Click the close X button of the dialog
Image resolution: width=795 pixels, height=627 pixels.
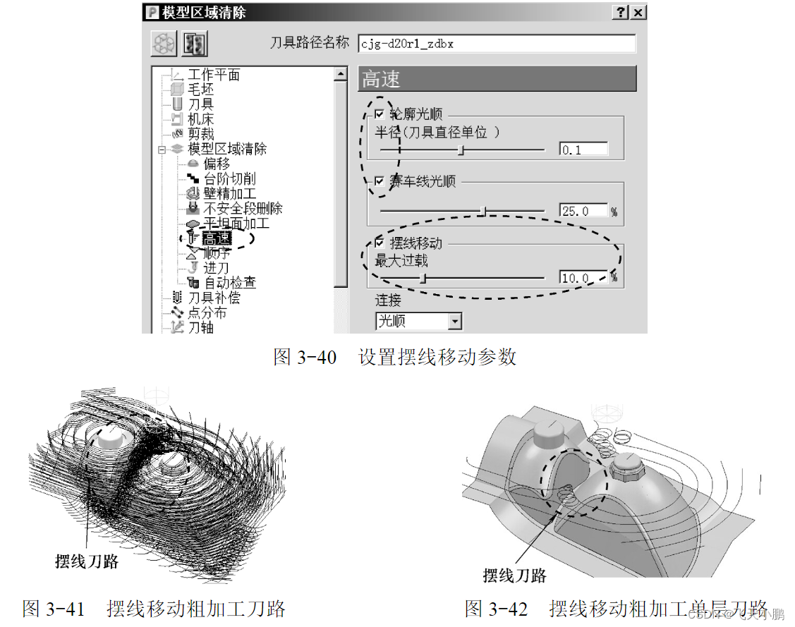pyautogui.click(x=638, y=13)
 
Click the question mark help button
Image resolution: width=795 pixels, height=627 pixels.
pyautogui.click(x=621, y=13)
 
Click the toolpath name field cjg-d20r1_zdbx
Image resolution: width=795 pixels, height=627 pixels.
pyautogui.click(x=496, y=43)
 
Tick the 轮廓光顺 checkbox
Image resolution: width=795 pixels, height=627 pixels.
pyautogui.click(x=380, y=114)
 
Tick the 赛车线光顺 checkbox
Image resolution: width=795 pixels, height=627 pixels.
pyautogui.click(x=380, y=181)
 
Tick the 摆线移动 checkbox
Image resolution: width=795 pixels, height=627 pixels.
pyautogui.click(x=380, y=242)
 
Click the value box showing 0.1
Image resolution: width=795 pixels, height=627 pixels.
pyautogui.click(x=583, y=150)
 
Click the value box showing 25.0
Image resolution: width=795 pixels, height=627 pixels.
pyautogui.click(x=583, y=210)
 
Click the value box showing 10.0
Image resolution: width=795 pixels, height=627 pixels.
pyautogui.click(x=583, y=278)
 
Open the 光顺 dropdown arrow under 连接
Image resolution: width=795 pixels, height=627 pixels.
pyautogui.click(x=455, y=322)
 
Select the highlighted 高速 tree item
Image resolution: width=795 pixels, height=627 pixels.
pyautogui.click(x=217, y=238)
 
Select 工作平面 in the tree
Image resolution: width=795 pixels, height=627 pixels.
pyautogui.click(x=213, y=75)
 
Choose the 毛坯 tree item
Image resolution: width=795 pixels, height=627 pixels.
pyautogui.click(x=200, y=90)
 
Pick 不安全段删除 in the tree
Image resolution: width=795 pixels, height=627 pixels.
pyautogui.click(x=243, y=209)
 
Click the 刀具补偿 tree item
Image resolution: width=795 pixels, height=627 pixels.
pyautogui.click(x=213, y=298)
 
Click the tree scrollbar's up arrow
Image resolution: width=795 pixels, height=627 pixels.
pyautogui.click(x=341, y=73)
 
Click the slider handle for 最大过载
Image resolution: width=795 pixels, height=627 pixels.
pyautogui.click(x=423, y=278)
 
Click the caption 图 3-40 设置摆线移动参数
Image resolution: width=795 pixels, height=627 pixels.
pyautogui.click(x=395, y=357)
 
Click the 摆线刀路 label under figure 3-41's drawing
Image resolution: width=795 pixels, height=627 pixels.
pyautogui.click(x=87, y=561)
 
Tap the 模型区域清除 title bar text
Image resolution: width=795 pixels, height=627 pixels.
pyautogui.click(x=205, y=13)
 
